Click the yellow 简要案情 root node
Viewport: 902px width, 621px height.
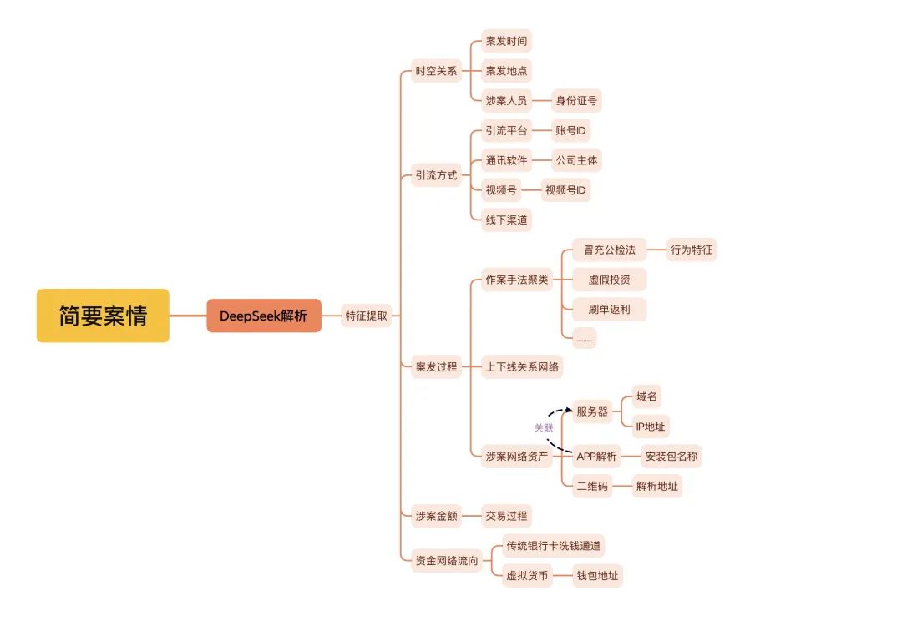pyautogui.click(x=103, y=316)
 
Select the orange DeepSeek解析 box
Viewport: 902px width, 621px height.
pyautogui.click(x=263, y=316)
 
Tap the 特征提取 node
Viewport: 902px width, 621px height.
pyautogui.click(x=367, y=316)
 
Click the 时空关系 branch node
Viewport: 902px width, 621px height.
pyautogui.click(x=436, y=71)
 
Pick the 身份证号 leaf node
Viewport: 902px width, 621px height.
pyautogui.click(x=576, y=101)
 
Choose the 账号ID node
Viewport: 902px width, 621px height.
pyautogui.click(x=570, y=130)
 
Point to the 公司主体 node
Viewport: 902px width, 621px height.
pyautogui.click(x=576, y=160)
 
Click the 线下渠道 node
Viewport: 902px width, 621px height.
pyautogui.click(x=506, y=220)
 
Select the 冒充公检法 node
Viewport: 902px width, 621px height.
pyautogui.click(x=609, y=250)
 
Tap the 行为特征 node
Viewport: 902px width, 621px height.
pyautogui.click(x=692, y=250)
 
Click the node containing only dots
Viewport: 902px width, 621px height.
pyautogui.click(x=585, y=339)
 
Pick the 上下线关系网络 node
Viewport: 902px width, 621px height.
pyautogui.click(x=522, y=367)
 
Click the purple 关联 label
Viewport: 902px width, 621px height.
pyautogui.click(x=544, y=428)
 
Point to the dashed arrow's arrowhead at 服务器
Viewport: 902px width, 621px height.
pyautogui.click(x=569, y=410)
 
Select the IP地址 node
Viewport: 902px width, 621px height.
pyautogui.click(x=651, y=427)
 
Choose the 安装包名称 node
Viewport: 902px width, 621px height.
pyautogui.click(x=671, y=457)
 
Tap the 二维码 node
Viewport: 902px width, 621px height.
pyautogui.click(x=592, y=487)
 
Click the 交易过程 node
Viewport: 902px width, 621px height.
pyautogui.click(x=506, y=516)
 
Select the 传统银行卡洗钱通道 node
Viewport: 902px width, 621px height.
pyautogui.click(x=554, y=546)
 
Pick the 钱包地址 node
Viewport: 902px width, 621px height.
pyautogui.click(x=598, y=576)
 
